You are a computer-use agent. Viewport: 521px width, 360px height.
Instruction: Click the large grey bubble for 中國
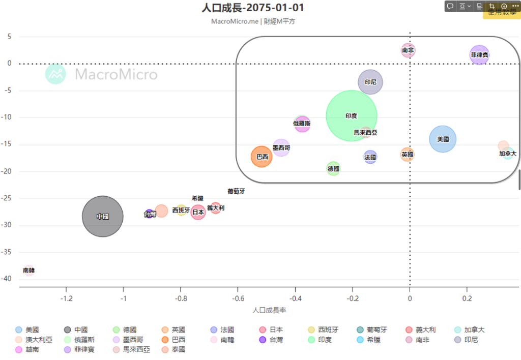point(103,216)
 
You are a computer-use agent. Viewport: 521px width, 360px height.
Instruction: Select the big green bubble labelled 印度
point(351,116)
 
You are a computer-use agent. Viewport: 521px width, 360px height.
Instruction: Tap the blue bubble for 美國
point(443,139)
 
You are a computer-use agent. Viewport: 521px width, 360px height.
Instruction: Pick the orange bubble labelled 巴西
point(262,157)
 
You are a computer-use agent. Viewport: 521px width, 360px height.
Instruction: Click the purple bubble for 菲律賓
point(479,55)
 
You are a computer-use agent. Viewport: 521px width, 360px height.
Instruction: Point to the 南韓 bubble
point(29,271)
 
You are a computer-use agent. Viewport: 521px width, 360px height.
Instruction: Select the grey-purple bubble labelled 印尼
point(370,82)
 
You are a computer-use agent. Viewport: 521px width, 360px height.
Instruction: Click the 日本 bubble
point(198,212)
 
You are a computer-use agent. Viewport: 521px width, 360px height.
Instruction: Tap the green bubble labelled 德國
point(333,168)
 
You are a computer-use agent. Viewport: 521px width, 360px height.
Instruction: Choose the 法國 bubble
point(370,157)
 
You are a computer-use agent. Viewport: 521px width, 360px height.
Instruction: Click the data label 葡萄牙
point(236,191)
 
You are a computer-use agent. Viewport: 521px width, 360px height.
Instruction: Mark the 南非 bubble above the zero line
point(408,50)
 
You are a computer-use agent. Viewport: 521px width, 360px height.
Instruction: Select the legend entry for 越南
point(31,349)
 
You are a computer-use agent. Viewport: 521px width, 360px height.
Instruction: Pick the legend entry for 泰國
point(173,349)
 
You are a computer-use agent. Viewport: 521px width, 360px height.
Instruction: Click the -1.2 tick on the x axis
point(66,298)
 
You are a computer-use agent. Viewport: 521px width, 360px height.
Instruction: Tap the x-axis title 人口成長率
point(269,310)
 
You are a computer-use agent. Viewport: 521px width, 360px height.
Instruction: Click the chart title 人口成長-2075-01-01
point(253,8)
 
